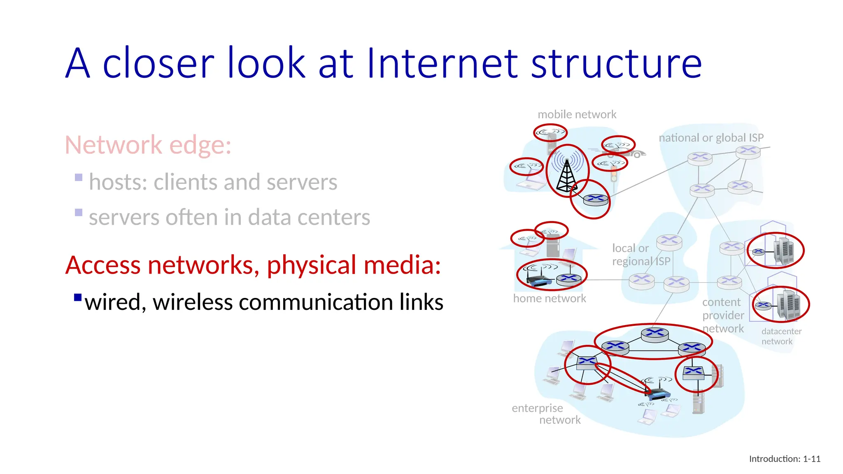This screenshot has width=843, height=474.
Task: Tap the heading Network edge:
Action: [148, 145]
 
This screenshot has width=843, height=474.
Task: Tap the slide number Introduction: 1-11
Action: [785, 459]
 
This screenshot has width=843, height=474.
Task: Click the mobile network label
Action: [577, 114]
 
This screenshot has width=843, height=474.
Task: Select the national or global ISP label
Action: [711, 137]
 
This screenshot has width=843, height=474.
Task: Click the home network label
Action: [549, 298]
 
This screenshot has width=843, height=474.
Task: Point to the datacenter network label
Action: [781, 336]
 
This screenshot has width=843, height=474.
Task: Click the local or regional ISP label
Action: [640, 255]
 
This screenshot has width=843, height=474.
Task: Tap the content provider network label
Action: [723, 315]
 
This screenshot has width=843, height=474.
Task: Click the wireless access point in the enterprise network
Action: [657, 393]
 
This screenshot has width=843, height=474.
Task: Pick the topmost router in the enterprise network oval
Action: [655, 332]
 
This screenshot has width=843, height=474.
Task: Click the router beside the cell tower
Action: [595, 200]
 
